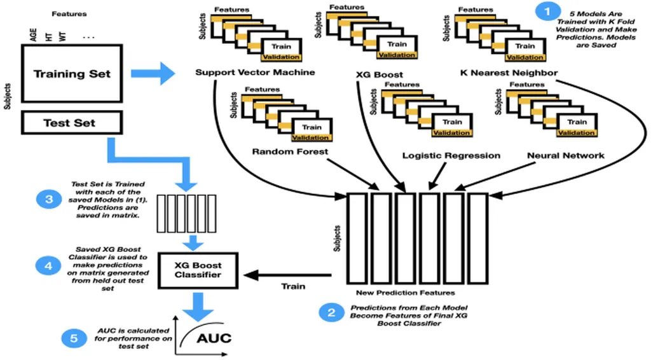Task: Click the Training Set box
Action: click(x=72, y=74)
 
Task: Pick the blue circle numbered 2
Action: click(x=331, y=312)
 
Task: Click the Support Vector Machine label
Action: click(x=255, y=73)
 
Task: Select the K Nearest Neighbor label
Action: click(x=509, y=73)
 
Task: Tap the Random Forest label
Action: click(x=290, y=151)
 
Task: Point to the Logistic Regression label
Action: click(x=451, y=155)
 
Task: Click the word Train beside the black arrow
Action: click(x=294, y=286)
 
